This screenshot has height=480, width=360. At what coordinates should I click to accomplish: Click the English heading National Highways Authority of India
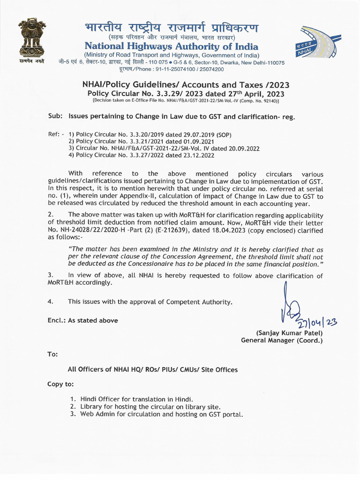tap(171, 46)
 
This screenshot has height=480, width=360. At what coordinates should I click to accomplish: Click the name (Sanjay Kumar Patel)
tap(289, 333)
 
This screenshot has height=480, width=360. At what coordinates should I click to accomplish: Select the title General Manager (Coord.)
tap(282, 340)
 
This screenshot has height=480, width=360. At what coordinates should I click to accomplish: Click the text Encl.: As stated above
tap(82, 321)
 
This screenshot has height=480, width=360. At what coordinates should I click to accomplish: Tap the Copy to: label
tap(60, 384)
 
